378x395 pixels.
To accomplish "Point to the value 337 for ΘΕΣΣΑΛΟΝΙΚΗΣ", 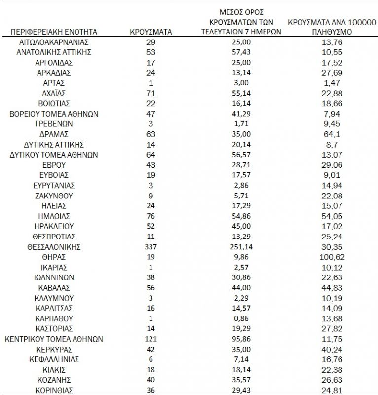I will pyautogui.click(x=151, y=247).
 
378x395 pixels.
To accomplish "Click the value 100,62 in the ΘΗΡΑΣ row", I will pyautogui.click(x=332, y=257).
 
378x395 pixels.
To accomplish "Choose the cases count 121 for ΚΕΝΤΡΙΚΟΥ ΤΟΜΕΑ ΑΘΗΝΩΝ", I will pyautogui.click(x=151, y=339).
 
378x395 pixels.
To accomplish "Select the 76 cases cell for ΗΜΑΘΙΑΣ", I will pyautogui.click(x=151, y=216).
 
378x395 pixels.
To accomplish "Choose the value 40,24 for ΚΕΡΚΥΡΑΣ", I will pyautogui.click(x=332, y=349).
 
